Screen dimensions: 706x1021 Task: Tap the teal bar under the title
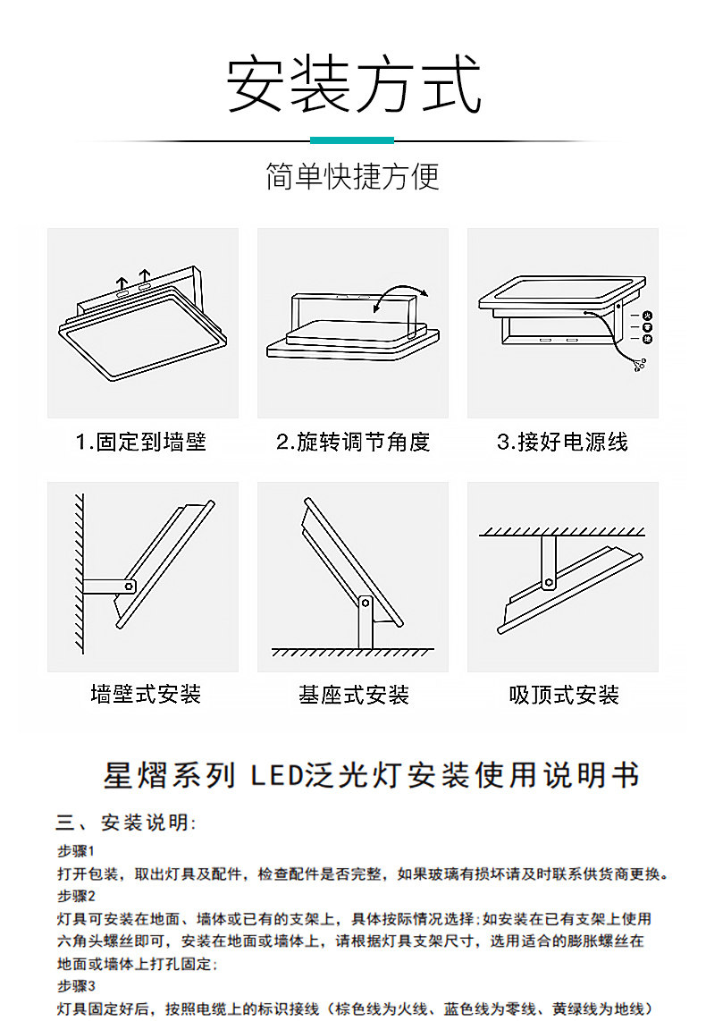click(x=352, y=140)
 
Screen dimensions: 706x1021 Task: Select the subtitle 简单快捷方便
click(x=353, y=177)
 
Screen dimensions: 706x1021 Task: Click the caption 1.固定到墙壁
click(x=141, y=442)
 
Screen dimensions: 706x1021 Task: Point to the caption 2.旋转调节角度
click(x=353, y=442)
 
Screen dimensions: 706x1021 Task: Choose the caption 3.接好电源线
click(x=562, y=442)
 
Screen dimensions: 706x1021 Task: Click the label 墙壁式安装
click(x=146, y=694)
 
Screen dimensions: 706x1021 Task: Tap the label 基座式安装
click(x=354, y=695)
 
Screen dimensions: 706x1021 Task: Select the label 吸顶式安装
click(x=564, y=695)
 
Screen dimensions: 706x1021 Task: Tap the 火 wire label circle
click(x=647, y=316)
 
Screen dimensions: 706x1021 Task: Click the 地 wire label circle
click(x=647, y=339)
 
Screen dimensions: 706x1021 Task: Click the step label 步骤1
click(x=76, y=850)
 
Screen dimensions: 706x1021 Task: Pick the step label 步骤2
click(x=76, y=896)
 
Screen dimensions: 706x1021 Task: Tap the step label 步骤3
click(x=76, y=987)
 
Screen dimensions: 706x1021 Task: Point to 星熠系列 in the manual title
click(x=170, y=775)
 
